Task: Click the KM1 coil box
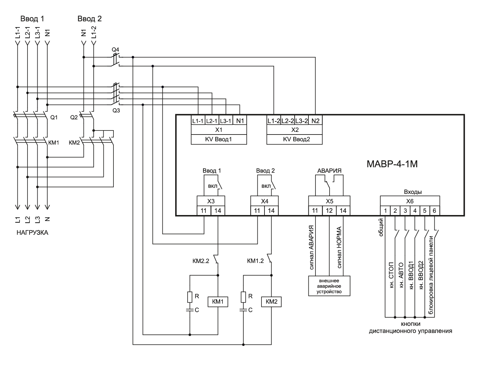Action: click(x=218, y=302)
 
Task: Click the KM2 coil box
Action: click(x=271, y=302)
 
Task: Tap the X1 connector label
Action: click(x=219, y=130)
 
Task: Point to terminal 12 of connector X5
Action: click(x=329, y=211)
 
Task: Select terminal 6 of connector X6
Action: click(x=435, y=211)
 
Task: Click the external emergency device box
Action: click(x=329, y=286)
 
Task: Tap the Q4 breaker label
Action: click(x=115, y=49)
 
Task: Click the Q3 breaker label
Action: click(x=116, y=110)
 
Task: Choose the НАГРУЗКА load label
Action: click(x=32, y=232)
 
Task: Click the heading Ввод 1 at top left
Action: click(x=32, y=19)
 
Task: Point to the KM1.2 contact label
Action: click(x=255, y=261)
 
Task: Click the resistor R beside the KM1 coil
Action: click(x=190, y=297)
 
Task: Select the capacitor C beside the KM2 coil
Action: click(x=243, y=310)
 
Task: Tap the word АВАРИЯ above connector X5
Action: click(x=329, y=170)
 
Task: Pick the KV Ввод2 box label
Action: click(x=294, y=139)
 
